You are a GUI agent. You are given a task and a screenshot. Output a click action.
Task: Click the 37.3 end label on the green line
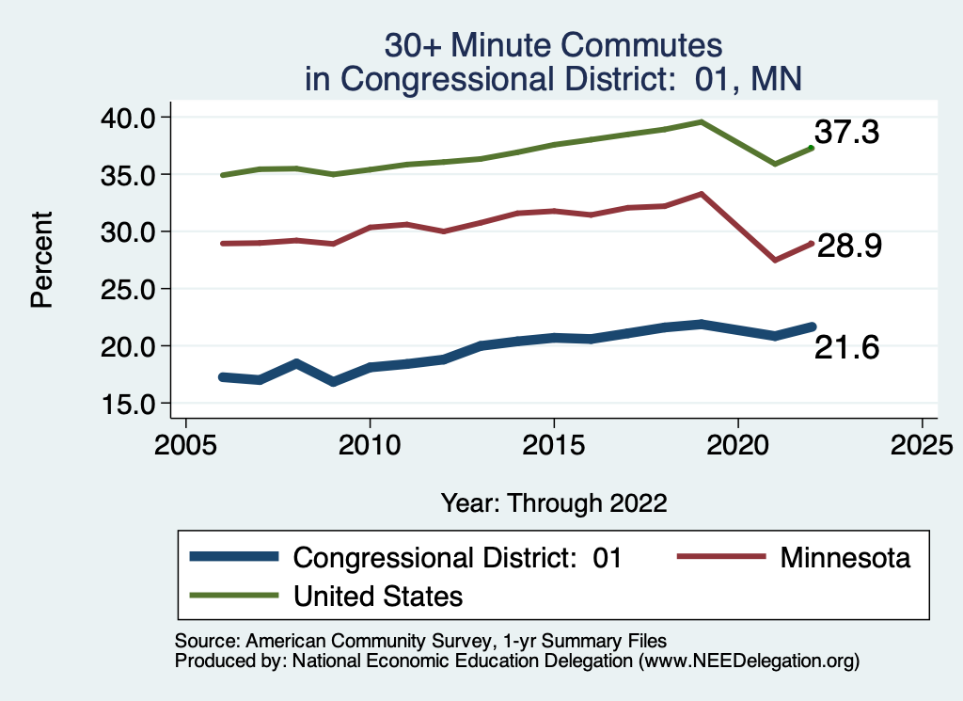coord(846,133)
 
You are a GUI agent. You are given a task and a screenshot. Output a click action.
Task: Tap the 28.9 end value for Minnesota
coord(848,247)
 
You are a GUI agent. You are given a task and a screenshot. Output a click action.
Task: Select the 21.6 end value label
coord(846,348)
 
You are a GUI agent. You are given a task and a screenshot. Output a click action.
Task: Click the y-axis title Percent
coord(41,261)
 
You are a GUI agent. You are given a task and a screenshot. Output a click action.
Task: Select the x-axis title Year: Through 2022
coord(554,502)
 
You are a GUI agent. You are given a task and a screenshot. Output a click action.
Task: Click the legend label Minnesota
coord(845,558)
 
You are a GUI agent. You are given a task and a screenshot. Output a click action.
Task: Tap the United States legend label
coord(378,596)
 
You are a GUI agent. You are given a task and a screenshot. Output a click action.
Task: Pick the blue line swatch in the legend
coord(235,557)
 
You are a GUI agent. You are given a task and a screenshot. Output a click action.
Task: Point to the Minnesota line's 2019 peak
coord(702,194)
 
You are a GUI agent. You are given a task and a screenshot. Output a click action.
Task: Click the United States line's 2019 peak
coord(702,121)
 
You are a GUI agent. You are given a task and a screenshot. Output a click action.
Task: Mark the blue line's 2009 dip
coord(333,381)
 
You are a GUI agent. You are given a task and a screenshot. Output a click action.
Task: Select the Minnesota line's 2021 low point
coord(775,260)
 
